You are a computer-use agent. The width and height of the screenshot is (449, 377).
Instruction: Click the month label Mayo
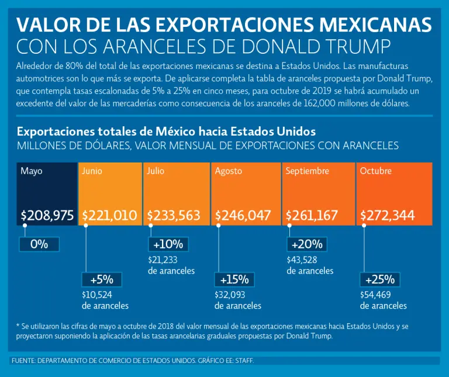tap(32, 171)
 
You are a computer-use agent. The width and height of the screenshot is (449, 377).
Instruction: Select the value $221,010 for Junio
tap(109, 216)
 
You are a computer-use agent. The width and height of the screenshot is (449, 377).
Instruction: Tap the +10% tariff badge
tap(168, 244)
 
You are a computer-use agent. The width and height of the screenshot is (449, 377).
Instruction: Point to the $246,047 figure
tap(243, 216)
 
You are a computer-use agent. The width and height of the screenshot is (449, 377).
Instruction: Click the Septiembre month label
tap(307, 171)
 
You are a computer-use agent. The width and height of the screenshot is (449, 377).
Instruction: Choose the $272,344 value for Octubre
tap(388, 216)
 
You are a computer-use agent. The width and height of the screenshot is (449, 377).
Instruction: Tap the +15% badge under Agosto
tap(234, 279)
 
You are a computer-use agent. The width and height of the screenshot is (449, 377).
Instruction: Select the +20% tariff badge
tap(306, 244)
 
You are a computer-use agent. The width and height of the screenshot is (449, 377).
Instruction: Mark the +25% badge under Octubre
tap(379, 279)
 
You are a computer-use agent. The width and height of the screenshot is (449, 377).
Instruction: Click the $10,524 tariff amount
tap(96, 295)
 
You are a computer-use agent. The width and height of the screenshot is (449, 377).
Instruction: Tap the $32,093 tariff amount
tap(229, 295)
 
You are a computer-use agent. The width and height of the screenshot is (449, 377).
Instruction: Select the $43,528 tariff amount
tap(302, 260)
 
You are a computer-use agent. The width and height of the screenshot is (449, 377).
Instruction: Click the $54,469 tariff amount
tap(375, 295)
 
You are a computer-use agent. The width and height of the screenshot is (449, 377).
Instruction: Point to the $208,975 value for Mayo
tap(47, 216)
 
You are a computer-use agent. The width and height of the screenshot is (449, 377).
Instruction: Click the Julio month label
tap(156, 171)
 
